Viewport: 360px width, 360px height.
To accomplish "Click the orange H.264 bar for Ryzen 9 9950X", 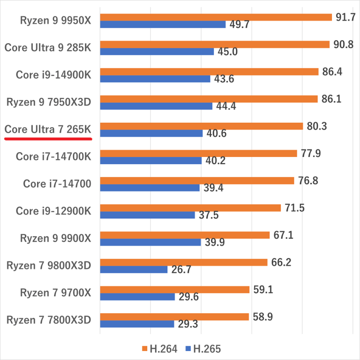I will (x=216, y=17).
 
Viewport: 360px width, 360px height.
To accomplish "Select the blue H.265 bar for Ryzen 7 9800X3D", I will (x=134, y=270).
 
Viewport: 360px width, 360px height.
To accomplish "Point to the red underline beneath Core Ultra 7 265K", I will (x=48, y=139).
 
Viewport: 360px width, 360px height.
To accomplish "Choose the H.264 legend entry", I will (x=159, y=349).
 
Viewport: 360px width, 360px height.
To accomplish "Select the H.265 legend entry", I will (x=203, y=349).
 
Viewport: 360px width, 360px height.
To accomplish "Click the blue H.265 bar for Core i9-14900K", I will (x=155, y=79).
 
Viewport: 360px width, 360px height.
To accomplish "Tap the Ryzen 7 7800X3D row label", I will (x=49, y=320).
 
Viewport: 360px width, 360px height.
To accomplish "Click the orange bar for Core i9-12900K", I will (x=190, y=208).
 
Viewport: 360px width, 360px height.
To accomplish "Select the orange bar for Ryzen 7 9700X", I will (x=174, y=290).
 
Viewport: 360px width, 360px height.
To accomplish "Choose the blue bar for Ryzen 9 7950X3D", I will (x=156, y=106).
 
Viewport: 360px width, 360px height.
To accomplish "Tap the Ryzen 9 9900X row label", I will (x=55, y=238).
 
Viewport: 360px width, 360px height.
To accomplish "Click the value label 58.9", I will (x=263, y=317).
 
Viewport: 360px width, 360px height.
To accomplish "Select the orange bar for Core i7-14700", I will (x=197, y=180).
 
